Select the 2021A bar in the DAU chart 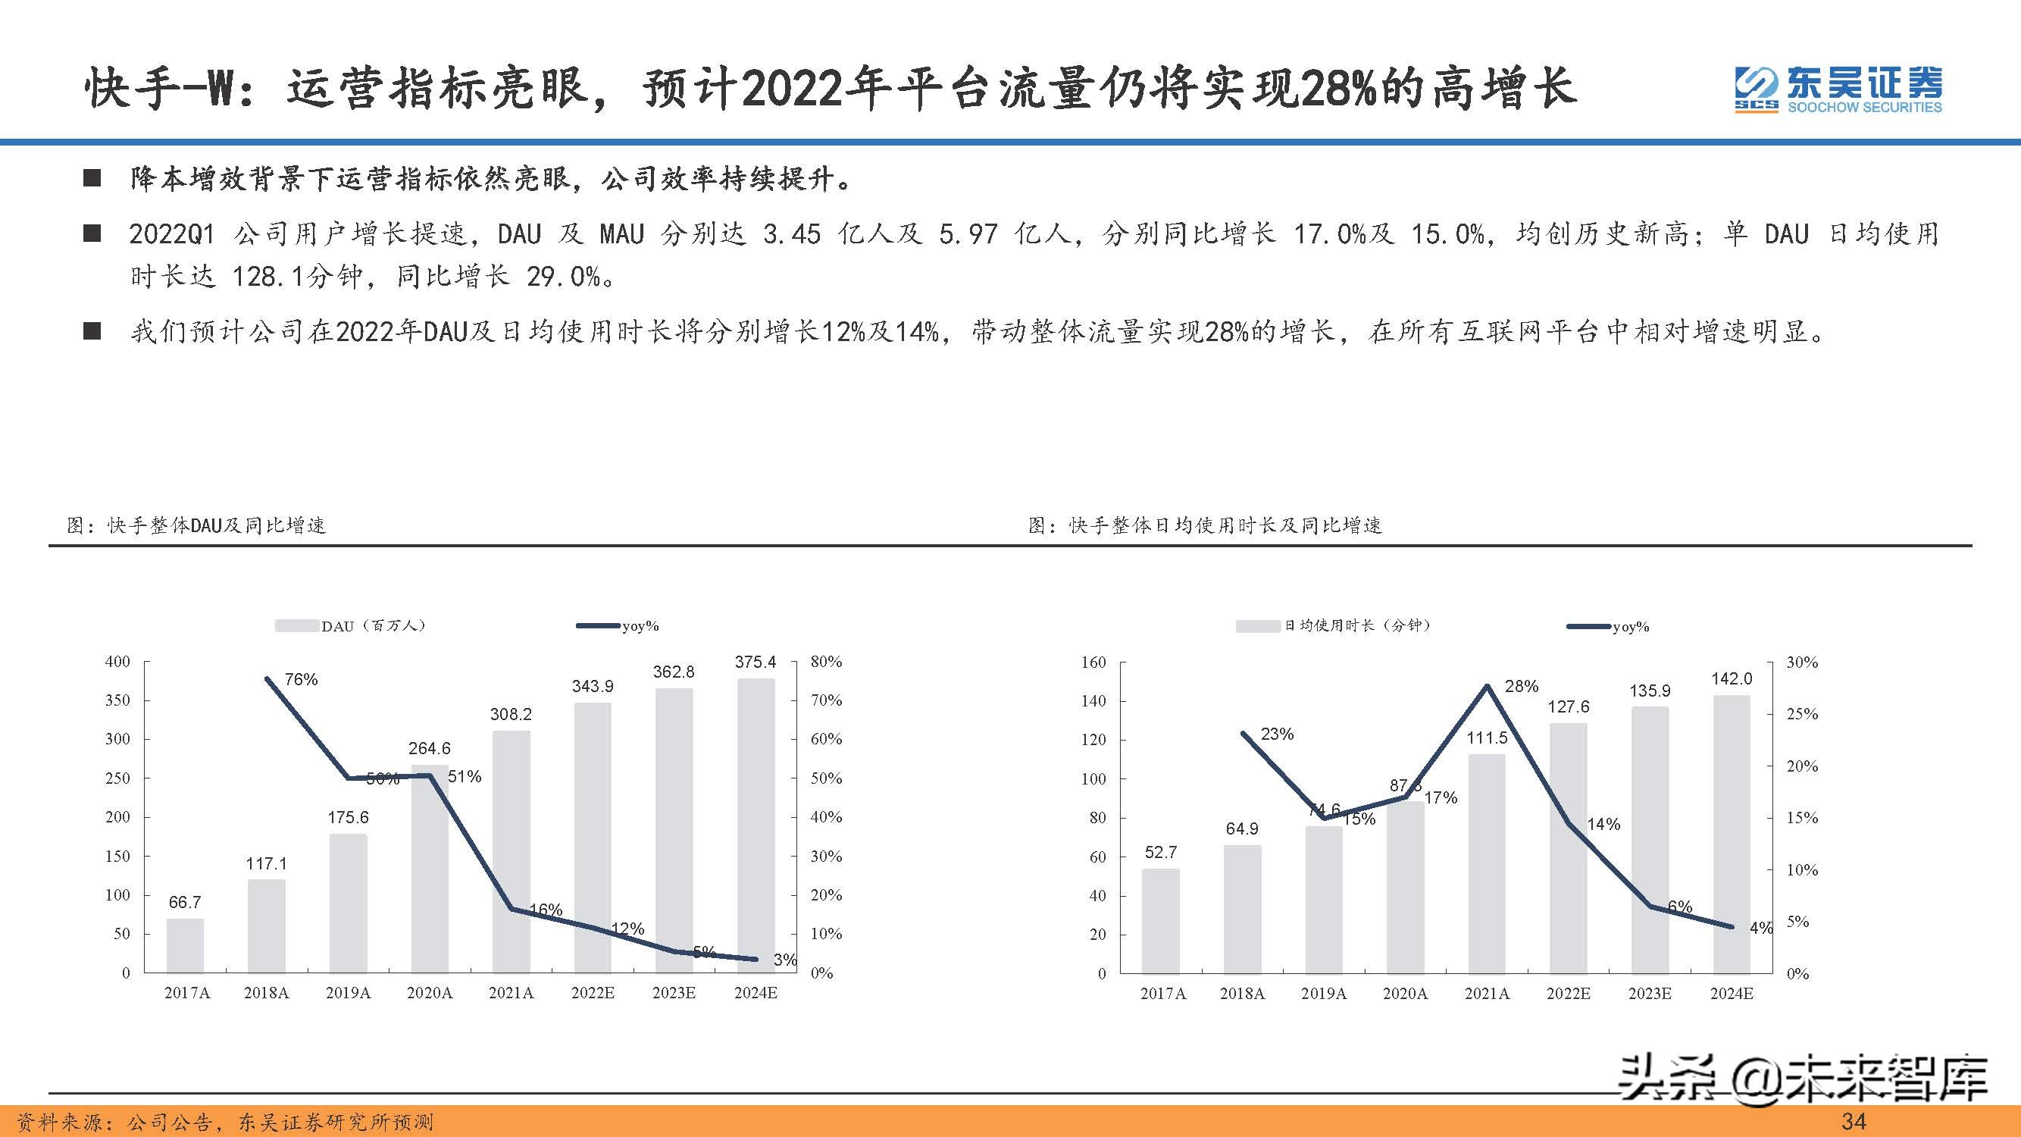(x=511, y=851)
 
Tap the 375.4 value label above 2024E (x=755, y=662)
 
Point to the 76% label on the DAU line (x=301, y=679)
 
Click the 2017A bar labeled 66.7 (x=185, y=945)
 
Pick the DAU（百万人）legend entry (x=351, y=625)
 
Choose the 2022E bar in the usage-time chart (x=1568, y=847)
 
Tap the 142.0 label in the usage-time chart (x=1731, y=678)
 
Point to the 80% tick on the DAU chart (x=825, y=662)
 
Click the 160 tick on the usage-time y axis (x=1093, y=662)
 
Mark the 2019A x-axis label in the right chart (x=1324, y=994)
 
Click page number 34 (x=1853, y=1121)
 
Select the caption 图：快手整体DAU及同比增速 (x=196, y=525)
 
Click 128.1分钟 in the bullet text (x=297, y=276)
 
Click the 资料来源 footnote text (x=225, y=1122)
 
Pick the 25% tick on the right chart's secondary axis (x=1801, y=714)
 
